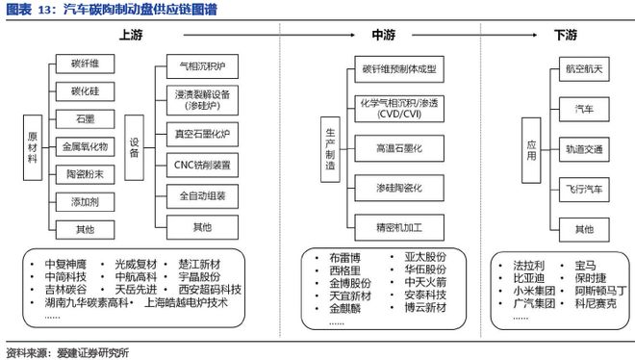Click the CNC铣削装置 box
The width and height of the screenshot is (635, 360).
point(202,164)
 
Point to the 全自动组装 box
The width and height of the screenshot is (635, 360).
point(202,195)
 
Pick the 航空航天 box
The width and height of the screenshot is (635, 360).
point(583,72)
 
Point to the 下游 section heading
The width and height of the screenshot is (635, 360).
point(566,36)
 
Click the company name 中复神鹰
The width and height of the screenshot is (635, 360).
point(65,263)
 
